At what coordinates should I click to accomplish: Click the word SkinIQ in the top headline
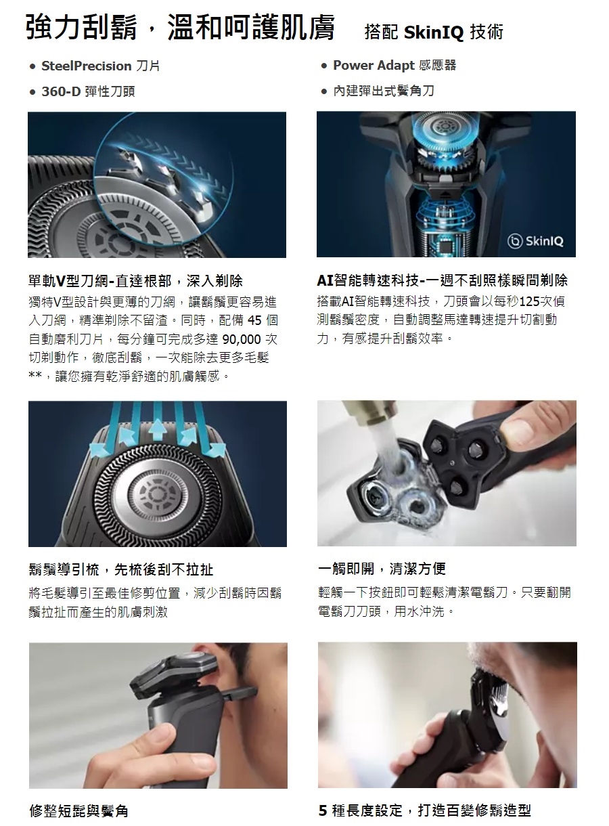[x=434, y=32]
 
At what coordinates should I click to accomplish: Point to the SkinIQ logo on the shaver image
[x=535, y=241]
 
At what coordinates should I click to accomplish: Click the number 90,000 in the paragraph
[x=242, y=339]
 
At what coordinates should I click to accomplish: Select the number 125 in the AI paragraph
[x=530, y=301]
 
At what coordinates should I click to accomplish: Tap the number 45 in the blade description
[x=254, y=320]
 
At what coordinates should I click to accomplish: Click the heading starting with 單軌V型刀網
[x=135, y=281]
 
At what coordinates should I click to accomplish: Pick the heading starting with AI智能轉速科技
[x=442, y=280]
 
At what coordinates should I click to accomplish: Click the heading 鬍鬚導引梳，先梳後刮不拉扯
[x=120, y=569]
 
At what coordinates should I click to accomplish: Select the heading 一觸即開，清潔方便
[x=382, y=569]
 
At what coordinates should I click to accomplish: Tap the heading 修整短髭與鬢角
[x=78, y=811]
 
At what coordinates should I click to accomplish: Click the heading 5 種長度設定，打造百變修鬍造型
[x=425, y=810]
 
